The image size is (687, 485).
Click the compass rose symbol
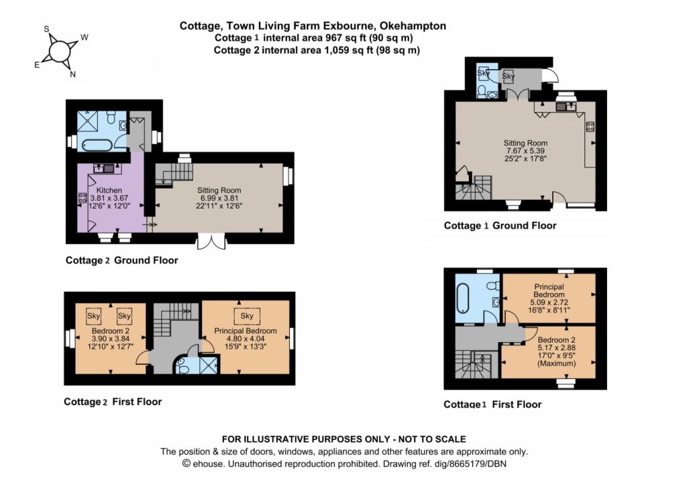[x=60, y=52]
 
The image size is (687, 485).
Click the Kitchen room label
[x=109, y=190]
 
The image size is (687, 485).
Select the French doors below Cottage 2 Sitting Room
[x=212, y=241]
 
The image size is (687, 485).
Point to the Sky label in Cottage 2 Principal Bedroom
[x=247, y=315]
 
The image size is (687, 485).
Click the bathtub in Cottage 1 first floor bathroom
[x=464, y=304]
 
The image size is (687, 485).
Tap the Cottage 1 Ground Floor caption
[x=500, y=225]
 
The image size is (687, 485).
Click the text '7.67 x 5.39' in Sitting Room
[x=525, y=151]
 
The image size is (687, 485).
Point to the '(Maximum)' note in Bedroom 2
[x=556, y=363]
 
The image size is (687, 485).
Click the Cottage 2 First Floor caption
[x=113, y=402]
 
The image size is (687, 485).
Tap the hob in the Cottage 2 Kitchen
[x=83, y=198]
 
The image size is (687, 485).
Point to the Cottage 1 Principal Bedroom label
[x=549, y=290]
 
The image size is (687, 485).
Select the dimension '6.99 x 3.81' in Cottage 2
[x=219, y=198]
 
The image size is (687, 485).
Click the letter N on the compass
[x=72, y=74]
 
